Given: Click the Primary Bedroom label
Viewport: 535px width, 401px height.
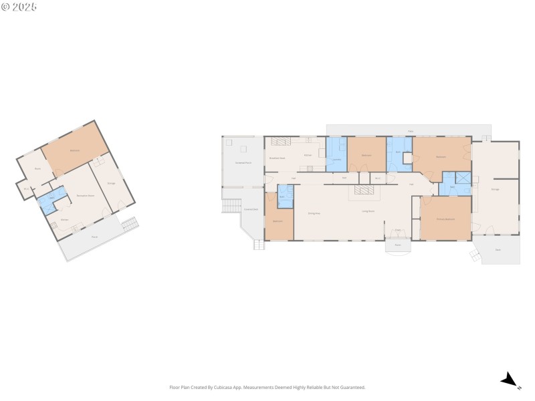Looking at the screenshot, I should tap(445, 219).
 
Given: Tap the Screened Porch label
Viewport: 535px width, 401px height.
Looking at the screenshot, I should tap(243, 162).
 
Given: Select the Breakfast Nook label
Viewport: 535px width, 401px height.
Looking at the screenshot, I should tap(277, 158).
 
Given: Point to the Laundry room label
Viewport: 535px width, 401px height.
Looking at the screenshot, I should tap(336, 159).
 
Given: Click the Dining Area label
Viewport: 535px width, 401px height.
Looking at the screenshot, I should tap(314, 213).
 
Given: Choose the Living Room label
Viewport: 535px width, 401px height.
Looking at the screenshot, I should tap(368, 211).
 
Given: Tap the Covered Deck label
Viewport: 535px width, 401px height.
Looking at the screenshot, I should tap(251, 209).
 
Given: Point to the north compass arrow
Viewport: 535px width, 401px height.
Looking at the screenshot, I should tap(510, 380).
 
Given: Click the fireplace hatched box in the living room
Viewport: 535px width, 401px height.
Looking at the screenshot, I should tap(365, 191).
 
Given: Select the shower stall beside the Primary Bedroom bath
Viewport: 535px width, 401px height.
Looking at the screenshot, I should tap(463, 178).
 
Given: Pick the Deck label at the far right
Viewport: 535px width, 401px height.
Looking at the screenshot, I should tap(498, 250).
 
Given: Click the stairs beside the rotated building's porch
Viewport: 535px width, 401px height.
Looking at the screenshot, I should tap(130, 224).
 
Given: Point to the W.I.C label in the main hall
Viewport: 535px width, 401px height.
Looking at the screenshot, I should tap(377, 178).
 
